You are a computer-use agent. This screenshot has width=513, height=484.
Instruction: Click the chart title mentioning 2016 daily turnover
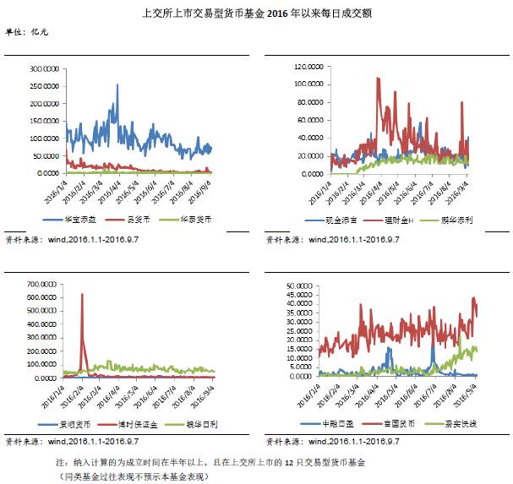pos(256,14)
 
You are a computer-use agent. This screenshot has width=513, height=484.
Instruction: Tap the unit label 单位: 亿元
pos(27,31)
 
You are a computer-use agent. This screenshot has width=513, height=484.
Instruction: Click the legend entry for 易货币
pos(134,218)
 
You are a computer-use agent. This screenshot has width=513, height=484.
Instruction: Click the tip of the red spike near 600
pos(82,294)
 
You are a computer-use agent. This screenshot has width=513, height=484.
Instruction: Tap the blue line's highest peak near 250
pos(117,84)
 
